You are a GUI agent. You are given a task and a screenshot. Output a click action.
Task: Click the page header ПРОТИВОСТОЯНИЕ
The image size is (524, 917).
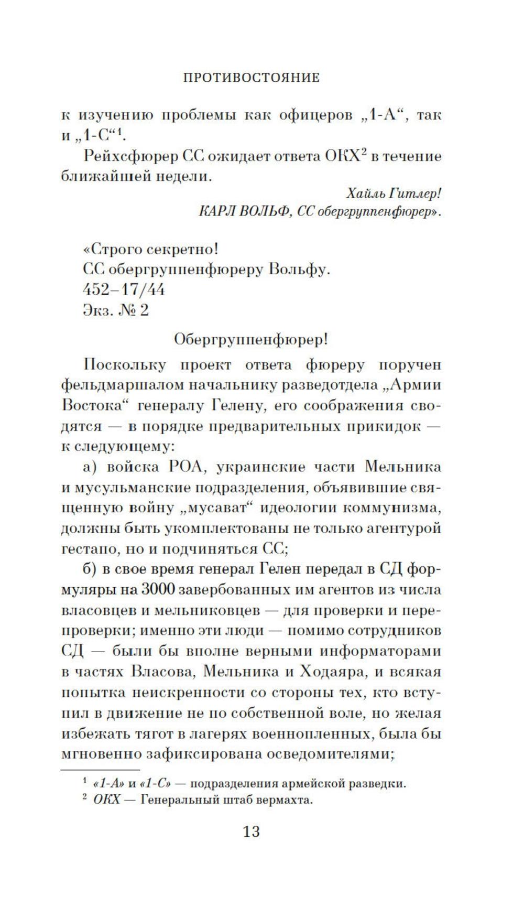(252, 78)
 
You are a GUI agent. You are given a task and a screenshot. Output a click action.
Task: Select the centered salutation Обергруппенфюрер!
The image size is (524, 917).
(252, 339)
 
